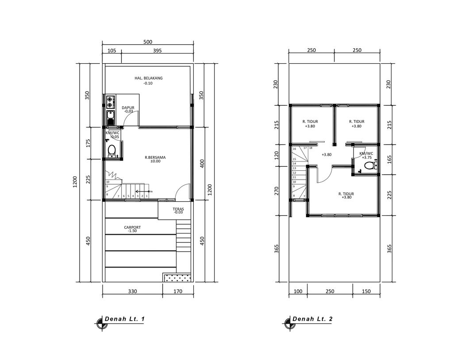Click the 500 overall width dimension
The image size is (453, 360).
coord(148,42)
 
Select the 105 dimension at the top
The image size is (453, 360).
coord(112,51)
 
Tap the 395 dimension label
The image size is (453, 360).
coord(157,51)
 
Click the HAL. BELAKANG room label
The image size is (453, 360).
coord(149,78)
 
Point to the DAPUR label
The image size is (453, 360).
coord(128,107)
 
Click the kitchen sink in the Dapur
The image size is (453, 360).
coord(110,119)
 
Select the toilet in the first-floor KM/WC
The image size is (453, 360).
coord(111,150)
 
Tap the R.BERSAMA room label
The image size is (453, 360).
coord(152,157)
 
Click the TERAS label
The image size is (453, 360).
coord(178,209)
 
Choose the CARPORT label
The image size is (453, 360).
coord(132,227)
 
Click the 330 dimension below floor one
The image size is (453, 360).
coord(132,291)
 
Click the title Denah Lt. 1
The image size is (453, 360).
coord(124,319)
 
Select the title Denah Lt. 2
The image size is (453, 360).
coord(312,319)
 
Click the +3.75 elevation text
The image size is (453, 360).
coord(367,157)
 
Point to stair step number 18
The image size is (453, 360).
coord(311,148)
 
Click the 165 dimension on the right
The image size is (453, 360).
coord(389,159)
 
